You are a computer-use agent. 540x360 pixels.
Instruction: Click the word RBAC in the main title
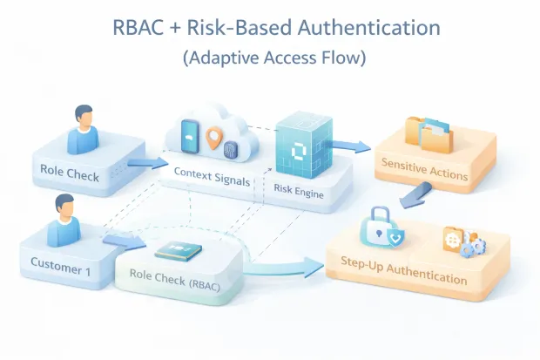click(141, 27)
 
